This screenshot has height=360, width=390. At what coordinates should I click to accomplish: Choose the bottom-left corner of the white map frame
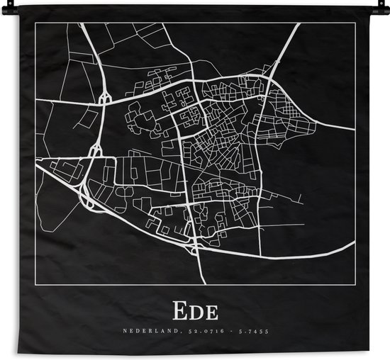coord(35,284)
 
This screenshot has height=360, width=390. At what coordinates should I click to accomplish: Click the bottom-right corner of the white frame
coord(354,284)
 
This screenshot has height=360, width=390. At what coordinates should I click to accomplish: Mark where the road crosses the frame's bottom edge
coord(204,284)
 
